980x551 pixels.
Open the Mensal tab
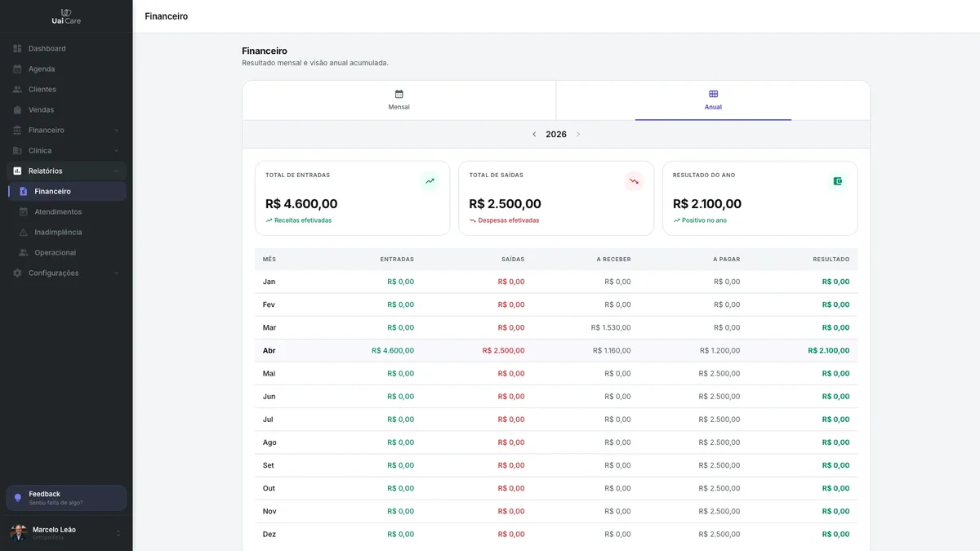click(399, 100)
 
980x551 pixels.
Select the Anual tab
click(713, 100)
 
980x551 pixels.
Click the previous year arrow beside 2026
click(534, 134)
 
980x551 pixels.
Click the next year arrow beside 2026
click(578, 134)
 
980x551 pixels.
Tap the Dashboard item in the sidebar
click(47, 48)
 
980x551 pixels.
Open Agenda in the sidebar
click(42, 69)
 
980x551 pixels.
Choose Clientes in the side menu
click(42, 89)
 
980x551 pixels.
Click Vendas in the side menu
click(41, 109)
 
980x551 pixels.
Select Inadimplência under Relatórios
click(58, 232)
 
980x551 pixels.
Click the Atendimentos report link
click(58, 211)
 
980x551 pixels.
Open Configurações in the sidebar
click(53, 273)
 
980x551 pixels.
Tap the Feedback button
click(66, 498)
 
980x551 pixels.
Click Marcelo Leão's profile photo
click(18, 532)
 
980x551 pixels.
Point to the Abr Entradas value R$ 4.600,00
click(393, 350)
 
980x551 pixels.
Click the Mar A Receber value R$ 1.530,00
click(610, 327)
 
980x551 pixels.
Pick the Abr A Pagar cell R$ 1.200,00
click(719, 350)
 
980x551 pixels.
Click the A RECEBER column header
click(613, 260)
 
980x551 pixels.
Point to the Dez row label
click(269, 534)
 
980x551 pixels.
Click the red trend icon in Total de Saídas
click(634, 181)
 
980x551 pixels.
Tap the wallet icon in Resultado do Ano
click(837, 181)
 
